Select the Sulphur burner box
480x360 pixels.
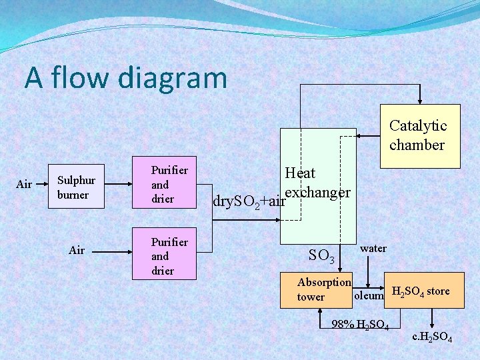pos(77,187)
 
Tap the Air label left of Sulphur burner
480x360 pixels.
pos(24,184)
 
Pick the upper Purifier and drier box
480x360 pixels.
pos(173,185)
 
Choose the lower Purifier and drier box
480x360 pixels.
pos(173,256)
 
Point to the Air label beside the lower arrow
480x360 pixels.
pos(77,250)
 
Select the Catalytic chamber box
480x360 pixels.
pos(419,135)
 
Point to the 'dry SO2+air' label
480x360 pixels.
pos(248,199)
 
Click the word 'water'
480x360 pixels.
pos(373,249)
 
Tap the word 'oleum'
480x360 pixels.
pos(369,295)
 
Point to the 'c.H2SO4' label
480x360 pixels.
pos(432,338)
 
